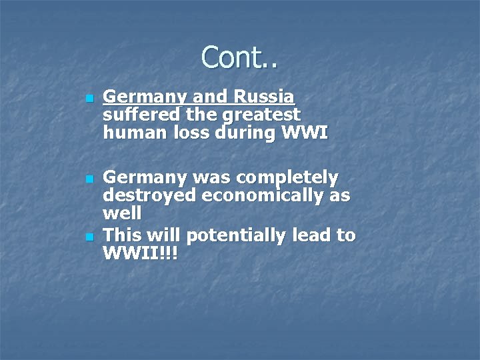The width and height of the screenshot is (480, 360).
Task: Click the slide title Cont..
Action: point(239,58)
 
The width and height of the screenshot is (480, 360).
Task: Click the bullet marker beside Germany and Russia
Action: point(89,99)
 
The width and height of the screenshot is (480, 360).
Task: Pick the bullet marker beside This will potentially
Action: point(89,238)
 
